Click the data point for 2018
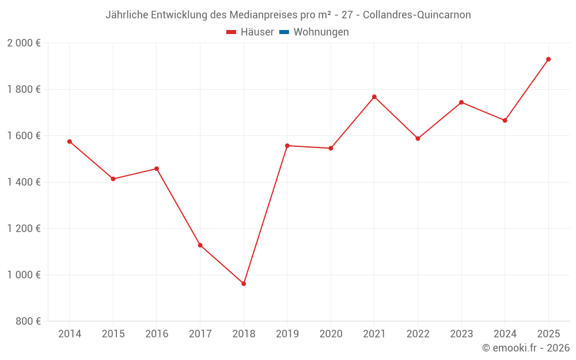tap(244, 283)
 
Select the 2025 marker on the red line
tap(548, 59)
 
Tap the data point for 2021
tap(374, 97)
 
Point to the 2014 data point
tap(70, 142)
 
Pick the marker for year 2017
tap(200, 245)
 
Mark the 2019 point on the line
tap(287, 146)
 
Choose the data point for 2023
tap(461, 103)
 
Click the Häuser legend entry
tap(250, 32)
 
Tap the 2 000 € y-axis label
tap(24, 43)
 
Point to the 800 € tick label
tap(27, 321)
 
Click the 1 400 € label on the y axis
tap(24, 182)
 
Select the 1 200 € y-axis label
tap(24, 229)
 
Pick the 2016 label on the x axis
tap(157, 334)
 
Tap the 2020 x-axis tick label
tap(331, 334)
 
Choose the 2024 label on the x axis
tap(505, 334)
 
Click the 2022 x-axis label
tap(418, 334)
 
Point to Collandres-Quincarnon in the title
tap(417, 15)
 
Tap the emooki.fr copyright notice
tap(526, 348)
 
